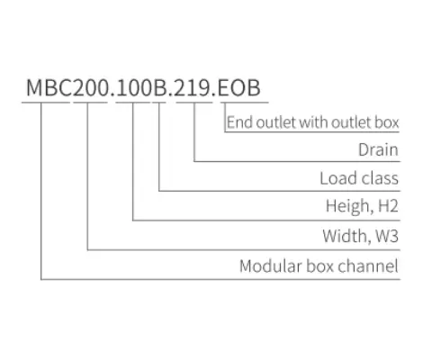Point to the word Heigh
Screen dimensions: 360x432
pos(344,208)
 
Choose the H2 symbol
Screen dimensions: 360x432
pos(385,208)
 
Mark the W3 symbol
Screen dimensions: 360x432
pos(385,237)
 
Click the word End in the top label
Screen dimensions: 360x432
pos(238,121)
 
